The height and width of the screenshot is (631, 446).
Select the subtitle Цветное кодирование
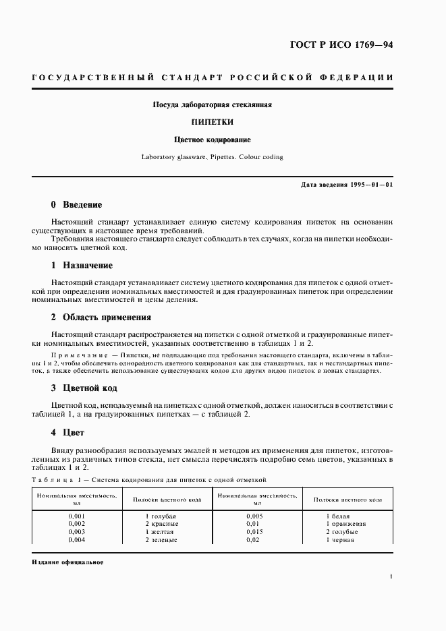pos(212,140)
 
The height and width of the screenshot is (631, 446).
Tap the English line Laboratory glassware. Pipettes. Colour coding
pos(212,157)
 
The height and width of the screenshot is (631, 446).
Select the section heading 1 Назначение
pos(82,266)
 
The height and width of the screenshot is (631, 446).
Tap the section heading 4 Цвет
pos(67,431)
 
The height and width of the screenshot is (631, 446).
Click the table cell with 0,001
pos(77,516)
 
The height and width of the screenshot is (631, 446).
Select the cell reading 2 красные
pos(162,524)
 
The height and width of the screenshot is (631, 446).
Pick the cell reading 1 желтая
pos(161,532)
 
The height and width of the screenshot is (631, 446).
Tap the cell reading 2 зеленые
pos(162,540)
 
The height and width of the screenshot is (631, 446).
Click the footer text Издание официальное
pos(67,562)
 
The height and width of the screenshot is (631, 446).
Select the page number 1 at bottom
pos(391,577)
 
